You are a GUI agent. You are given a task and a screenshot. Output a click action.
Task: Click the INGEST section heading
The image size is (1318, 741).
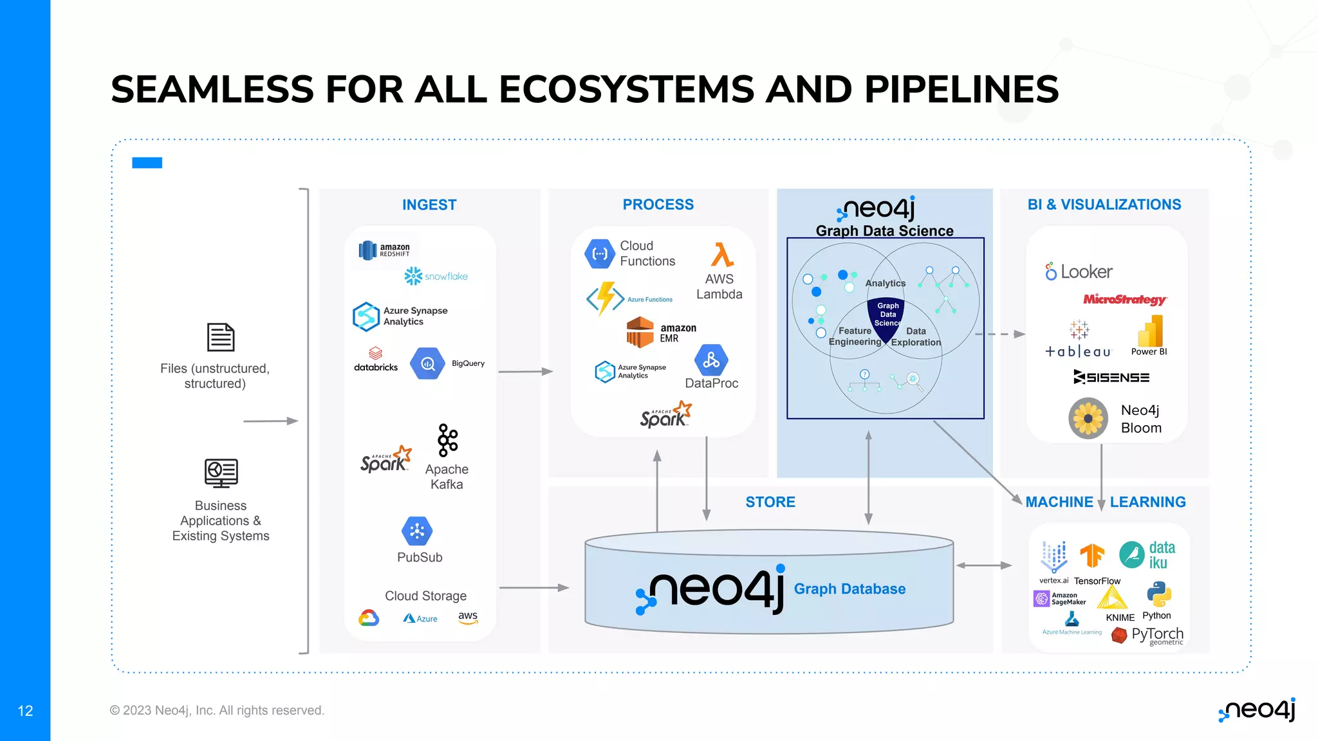click(429, 205)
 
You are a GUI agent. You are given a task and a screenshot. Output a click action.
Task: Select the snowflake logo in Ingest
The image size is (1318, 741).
click(436, 276)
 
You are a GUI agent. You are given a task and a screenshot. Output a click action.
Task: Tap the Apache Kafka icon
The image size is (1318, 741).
click(447, 440)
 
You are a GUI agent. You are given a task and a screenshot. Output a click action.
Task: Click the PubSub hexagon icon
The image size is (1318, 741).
click(417, 531)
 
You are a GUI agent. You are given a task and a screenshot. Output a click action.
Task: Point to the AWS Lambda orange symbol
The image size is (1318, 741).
click(722, 255)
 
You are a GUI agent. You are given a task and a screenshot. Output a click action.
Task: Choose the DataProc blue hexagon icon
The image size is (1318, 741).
click(711, 360)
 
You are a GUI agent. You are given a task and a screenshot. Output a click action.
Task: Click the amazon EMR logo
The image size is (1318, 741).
click(661, 332)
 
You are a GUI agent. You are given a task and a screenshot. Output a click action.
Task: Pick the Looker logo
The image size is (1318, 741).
click(1079, 271)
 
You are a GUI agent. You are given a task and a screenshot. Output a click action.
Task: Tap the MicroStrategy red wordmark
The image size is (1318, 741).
click(1124, 299)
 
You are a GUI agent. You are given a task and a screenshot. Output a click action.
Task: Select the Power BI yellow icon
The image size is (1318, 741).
click(1151, 331)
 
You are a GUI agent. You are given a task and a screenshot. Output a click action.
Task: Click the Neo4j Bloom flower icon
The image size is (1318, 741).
click(1088, 419)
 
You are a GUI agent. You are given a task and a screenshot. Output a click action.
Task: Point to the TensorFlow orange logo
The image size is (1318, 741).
click(1091, 555)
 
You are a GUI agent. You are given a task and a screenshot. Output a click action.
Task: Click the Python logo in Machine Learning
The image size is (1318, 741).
click(1158, 595)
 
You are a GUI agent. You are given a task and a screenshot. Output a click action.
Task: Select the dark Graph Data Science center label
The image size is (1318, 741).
click(887, 315)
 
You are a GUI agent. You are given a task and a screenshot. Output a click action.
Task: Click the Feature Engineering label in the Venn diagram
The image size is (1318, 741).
click(855, 336)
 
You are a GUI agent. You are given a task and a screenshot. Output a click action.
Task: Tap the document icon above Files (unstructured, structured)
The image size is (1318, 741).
click(221, 337)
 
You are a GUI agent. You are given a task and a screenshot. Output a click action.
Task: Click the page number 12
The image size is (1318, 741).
click(25, 711)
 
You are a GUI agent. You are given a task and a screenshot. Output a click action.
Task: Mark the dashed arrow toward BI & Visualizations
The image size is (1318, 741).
click(1000, 334)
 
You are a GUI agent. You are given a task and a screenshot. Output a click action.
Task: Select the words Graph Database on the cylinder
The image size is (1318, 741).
click(849, 589)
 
